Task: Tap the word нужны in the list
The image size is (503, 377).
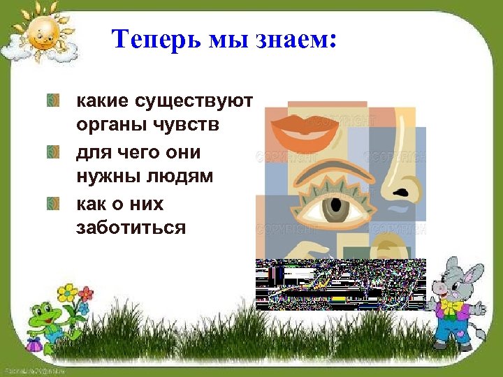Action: (106, 177)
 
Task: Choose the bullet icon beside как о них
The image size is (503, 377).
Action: (52, 203)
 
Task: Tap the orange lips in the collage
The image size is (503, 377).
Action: (306, 128)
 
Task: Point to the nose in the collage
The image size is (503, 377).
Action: (398, 175)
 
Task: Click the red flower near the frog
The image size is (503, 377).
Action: (87, 293)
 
